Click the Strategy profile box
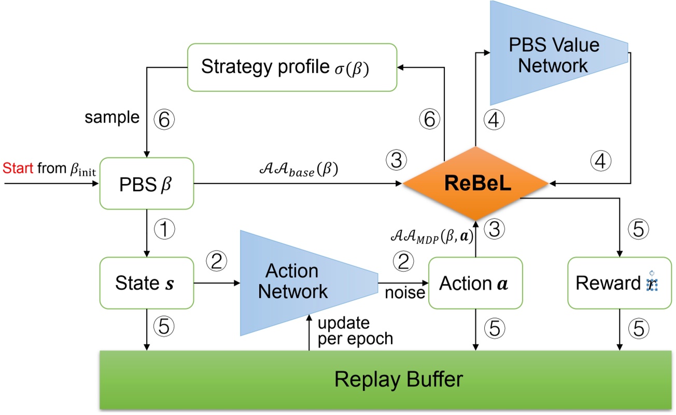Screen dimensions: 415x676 click(292, 67)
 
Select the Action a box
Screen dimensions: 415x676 click(475, 283)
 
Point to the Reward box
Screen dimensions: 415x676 click(619, 283)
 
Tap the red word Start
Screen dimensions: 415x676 click(17, 169)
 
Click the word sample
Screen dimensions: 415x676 click(112, 118)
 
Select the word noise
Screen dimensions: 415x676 click(404, 294)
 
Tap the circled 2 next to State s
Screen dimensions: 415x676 click(217, 261)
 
